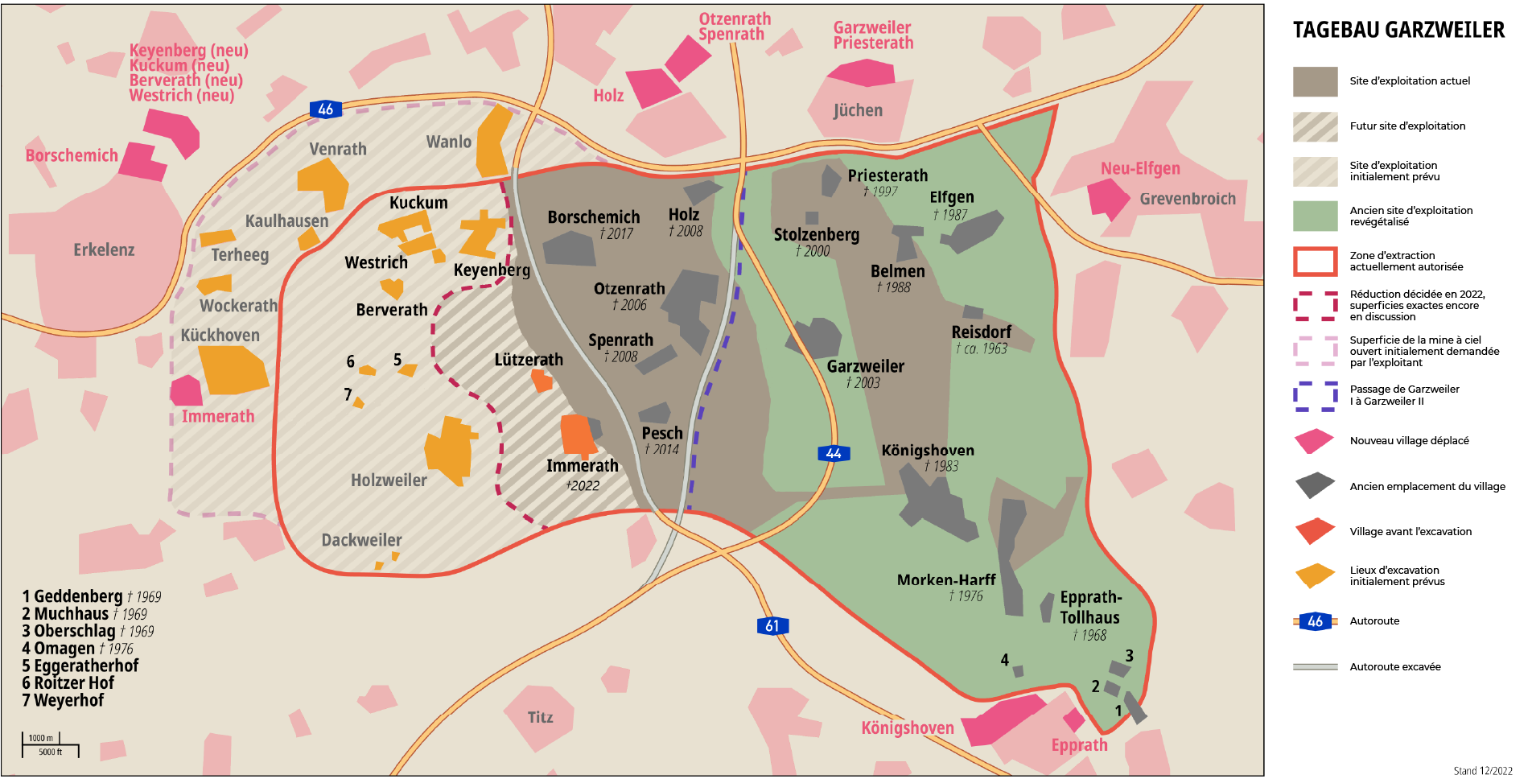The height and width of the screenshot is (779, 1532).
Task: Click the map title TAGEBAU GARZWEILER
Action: pos(1398,31)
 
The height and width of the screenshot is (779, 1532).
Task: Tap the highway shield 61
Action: pos(772,626)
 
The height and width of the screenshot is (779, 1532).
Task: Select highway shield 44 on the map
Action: pos(834,453)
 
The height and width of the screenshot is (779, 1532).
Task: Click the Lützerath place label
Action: pos(529,360)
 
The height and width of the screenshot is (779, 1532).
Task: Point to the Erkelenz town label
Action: pos(104,250)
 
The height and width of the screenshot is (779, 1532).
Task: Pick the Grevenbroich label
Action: pos(1187,199)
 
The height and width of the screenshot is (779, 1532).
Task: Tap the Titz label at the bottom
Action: pos(540,717)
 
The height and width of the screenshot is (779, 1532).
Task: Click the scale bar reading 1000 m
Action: pos(41,738)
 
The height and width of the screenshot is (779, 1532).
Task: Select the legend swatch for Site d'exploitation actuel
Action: pos(1315,81)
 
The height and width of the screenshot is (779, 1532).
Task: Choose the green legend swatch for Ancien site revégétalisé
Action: pos(1315,216)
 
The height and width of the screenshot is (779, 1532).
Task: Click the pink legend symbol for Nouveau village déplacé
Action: pos(1315,441)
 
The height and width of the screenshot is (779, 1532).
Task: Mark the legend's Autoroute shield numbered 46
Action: pos(1315,621)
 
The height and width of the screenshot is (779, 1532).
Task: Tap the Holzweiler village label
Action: pos(389,480)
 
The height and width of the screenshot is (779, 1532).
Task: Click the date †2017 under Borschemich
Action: pos(616,234)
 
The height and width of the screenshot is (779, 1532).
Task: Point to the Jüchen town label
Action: pos(858,110)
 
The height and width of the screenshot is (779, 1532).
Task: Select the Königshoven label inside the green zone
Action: pos(927,451)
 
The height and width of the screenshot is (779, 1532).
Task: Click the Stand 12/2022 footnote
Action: pos(1482,771)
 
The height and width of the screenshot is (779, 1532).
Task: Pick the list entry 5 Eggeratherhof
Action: pos(80,666)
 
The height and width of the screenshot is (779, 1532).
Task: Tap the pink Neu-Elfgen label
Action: pos(1140,168)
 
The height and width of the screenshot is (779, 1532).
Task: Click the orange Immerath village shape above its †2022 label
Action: pos(577,435)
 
